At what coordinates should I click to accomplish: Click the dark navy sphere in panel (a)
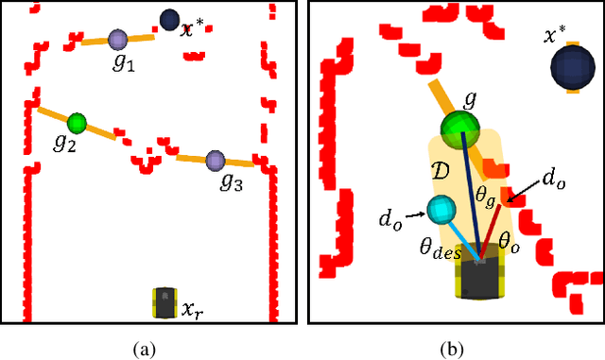click(x=170, y=19)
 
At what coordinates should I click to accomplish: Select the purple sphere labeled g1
click(x=118, y=39)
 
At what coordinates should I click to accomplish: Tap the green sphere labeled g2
click(x=77, y=122)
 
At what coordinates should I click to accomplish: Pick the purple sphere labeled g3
click(x=215, y=161)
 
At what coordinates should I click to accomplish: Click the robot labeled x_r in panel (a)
click(x=165, y=302)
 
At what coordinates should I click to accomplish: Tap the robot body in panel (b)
click(x=483, y=277)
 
